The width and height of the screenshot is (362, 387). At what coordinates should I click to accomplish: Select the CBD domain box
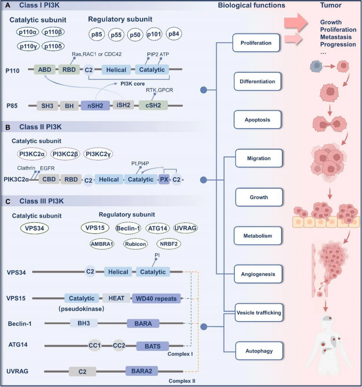point(49,179)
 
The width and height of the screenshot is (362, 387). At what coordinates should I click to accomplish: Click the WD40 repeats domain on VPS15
point(156,298)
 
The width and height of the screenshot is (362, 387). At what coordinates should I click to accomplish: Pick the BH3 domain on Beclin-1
point(84,323)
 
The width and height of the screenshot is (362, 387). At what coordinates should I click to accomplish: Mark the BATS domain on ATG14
point(152,346)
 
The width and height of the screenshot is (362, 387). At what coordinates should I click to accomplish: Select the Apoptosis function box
point(257,120)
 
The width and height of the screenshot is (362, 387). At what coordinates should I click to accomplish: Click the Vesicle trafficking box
point(257,312)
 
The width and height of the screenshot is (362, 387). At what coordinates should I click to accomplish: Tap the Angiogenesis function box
point(257,274)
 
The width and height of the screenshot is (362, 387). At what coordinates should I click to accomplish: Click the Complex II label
point(182,381)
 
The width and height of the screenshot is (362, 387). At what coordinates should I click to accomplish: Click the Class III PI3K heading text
point(41,201)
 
